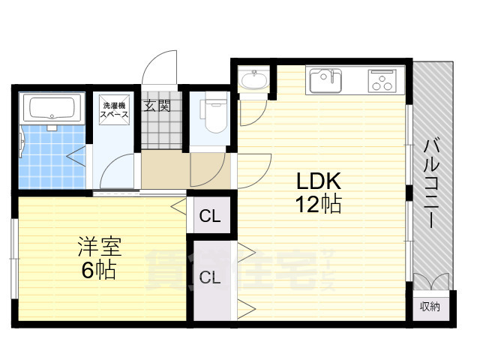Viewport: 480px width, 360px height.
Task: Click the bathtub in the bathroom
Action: click(52, 108)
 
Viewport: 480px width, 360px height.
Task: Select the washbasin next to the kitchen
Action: click(253, 79)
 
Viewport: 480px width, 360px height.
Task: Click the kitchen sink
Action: click(325, 80)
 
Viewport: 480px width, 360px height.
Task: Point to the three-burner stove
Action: click(382, 81)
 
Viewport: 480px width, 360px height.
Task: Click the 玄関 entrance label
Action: click(157, 106)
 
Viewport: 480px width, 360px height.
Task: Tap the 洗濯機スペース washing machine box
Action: click(114, 110)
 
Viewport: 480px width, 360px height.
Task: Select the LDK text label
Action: click(319, 181)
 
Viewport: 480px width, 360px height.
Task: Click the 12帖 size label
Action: click(318, 204)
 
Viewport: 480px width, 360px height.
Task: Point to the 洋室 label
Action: click(100, 247)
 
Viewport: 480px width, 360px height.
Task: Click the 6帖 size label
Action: click(98, 270)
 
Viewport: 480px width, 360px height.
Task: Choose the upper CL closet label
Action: click(210, 216)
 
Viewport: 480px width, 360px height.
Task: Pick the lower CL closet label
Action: click(210, 277)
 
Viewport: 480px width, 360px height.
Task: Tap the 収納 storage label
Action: click(430, 306)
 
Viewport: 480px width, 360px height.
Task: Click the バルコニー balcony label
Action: click(432, 184)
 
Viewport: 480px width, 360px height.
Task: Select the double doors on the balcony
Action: click(431, 282)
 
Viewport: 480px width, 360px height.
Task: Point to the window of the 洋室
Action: click(14, 259)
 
